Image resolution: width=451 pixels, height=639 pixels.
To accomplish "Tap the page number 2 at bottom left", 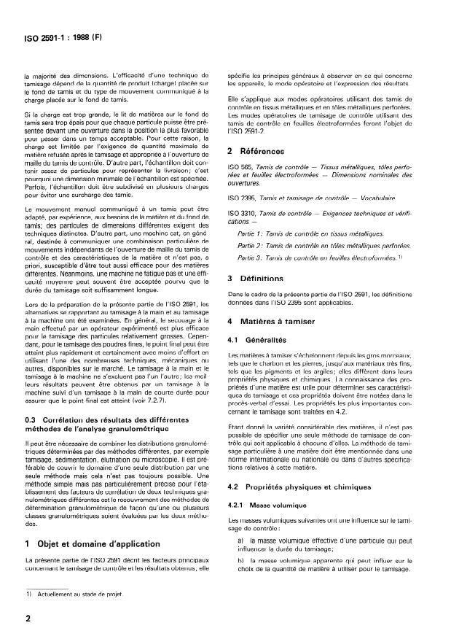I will click(x=28, y=616).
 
